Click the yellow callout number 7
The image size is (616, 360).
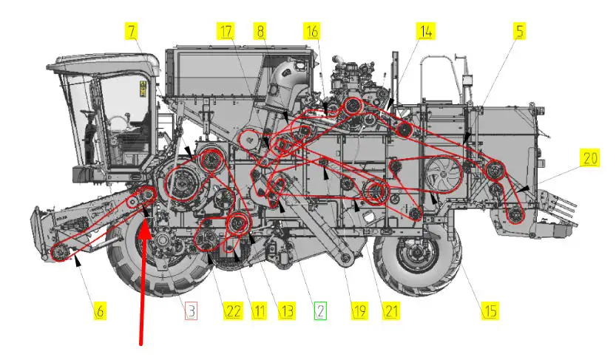pyautogui.click(x=132, y=31)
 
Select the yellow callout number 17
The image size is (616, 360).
pyautogui.click(x=226, y=31)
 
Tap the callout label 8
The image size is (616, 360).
pyautogui.click(x=260, y=31)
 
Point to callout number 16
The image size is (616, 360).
pyautogui.click(x=312, y=31)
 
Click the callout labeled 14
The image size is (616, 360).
pyautogui.click(x=426, y=31)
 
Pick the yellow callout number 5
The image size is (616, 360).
pyautogui.click(x=520, y=31)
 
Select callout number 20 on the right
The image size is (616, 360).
pyautogui.click(x=590, y=157)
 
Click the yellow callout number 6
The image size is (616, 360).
pyautogui.click(x=100, y=311)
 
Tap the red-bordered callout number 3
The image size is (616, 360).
pyautogui.click(x=191, y=311)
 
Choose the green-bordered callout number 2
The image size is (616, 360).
pyautogui.click(x=320, y=311)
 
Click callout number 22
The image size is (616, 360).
pyautogui.click(x=232, y=311)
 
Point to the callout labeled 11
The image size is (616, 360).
pyautogui.click(x=259, y=311)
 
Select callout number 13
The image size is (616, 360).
pyautogui.click(x=287, y=311)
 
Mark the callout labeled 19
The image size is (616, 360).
pyautogui.click(x=359, y=311)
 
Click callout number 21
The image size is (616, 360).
pyautogui.click(x=391, y=311)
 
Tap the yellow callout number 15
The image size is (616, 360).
pyautogui.click(x=490, y=311)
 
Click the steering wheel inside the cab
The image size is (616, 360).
pyautogui.click(x=116, y=123)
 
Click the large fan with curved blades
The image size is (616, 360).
pyautogui.click(x=444, y=174)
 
